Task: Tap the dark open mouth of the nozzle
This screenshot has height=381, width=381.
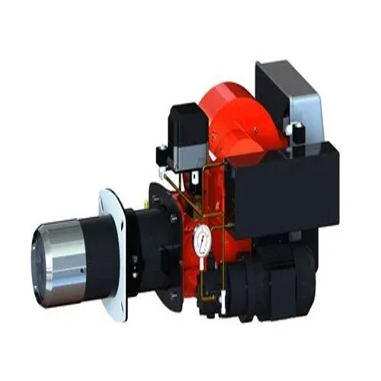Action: (x=38, y=263)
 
